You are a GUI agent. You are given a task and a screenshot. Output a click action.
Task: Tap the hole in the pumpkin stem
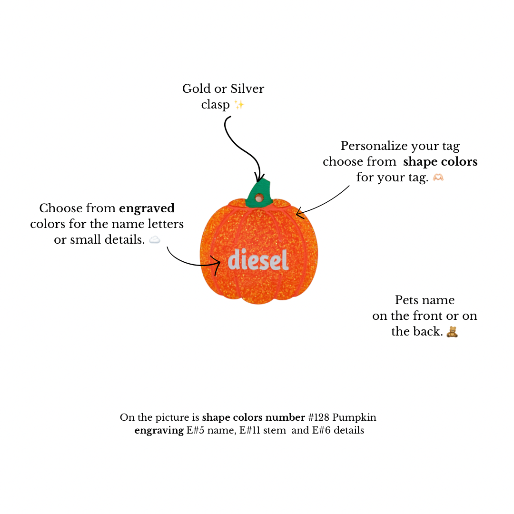point(259,198)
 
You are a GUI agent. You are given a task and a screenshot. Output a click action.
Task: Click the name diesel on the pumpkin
point(258,259)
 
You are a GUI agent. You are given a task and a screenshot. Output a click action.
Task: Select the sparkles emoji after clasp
point(239,105)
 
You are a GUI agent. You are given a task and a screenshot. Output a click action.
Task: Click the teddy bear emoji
point(452,332)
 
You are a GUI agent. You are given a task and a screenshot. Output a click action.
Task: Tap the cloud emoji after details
point(154,240)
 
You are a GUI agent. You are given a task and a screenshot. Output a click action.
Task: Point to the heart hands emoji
point(438,178)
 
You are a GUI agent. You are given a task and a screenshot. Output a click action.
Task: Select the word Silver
point(247,89)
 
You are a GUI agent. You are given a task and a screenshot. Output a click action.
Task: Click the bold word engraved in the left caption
point(147,208)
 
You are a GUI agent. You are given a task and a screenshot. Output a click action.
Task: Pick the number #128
point(318,417)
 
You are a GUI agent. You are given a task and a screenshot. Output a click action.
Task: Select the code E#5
point(196,430)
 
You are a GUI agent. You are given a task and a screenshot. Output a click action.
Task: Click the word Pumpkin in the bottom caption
point(354,418)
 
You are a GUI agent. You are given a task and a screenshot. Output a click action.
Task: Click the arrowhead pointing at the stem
point(259,178)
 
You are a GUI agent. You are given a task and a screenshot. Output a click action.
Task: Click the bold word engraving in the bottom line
point(159,430)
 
